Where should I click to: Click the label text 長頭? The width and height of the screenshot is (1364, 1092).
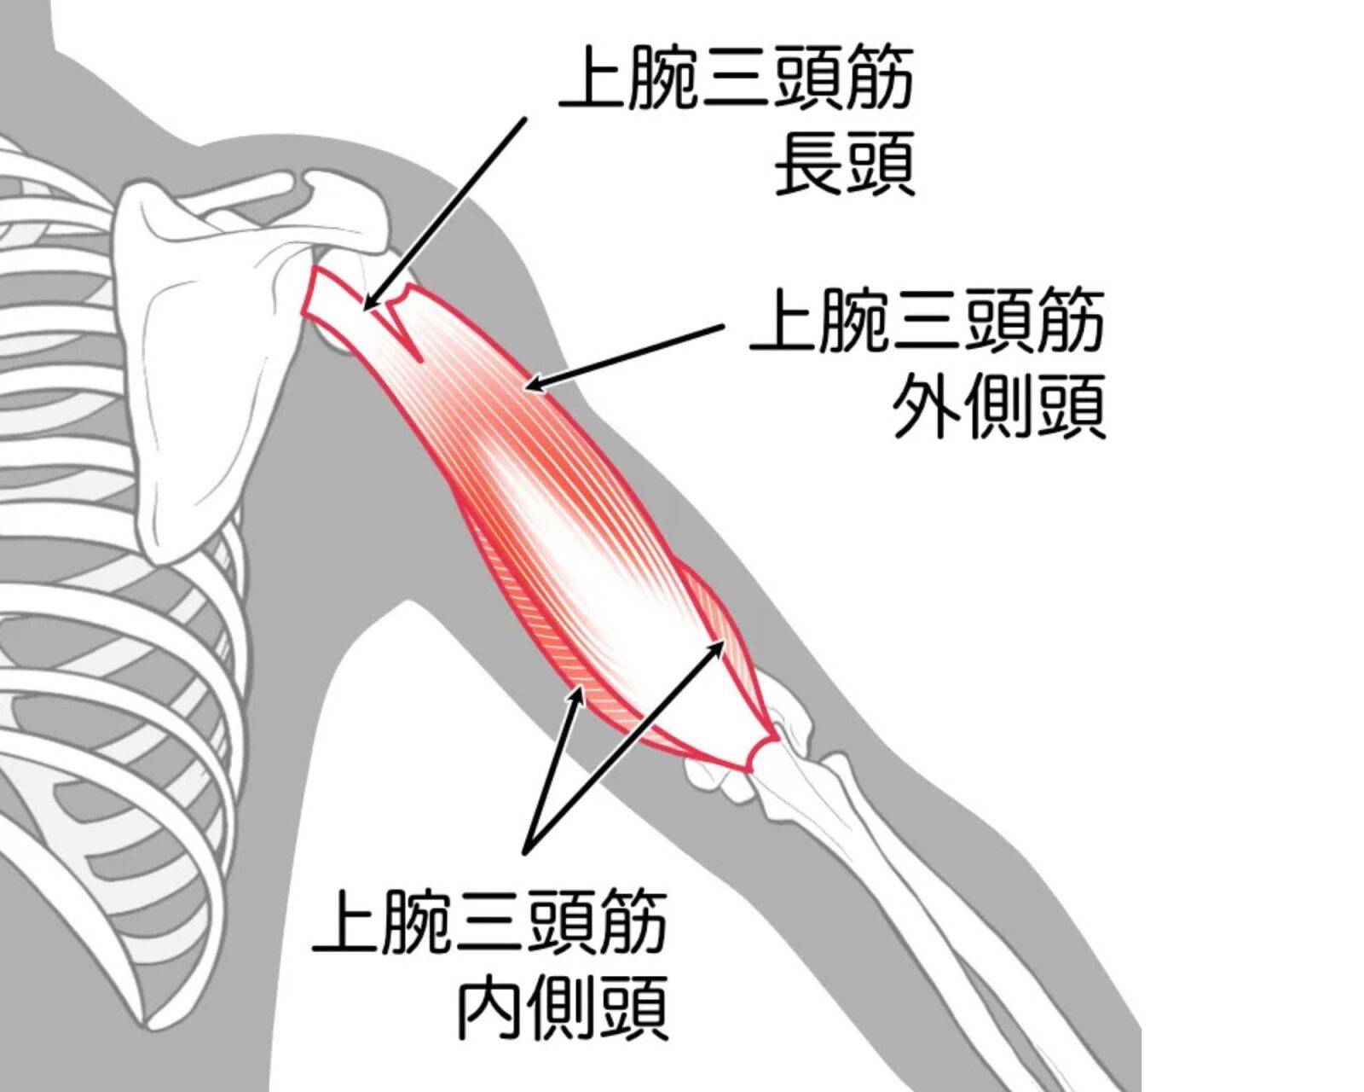845,164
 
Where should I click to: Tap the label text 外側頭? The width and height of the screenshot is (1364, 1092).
999,407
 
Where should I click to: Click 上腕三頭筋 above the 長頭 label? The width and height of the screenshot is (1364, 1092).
736,84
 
